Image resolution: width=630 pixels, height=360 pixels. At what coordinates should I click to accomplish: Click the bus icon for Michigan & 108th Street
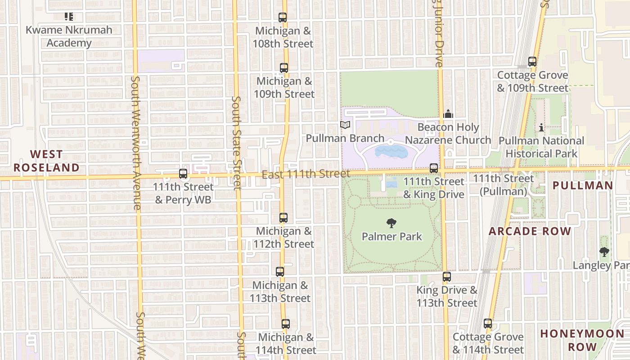coord(283,18)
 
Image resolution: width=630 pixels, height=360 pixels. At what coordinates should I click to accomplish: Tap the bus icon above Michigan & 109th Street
coord(283,68)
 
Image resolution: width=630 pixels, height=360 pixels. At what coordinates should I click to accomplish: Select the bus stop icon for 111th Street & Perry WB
coord(183,174)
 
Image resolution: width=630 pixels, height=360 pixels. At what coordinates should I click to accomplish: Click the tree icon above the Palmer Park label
coord(391,223)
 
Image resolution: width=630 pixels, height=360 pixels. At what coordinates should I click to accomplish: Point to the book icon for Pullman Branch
coord(345,125)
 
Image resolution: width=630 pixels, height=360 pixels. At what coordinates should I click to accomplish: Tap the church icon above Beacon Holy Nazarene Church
coord(448,114)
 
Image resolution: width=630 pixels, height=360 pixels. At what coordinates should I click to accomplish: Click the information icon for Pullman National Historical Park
coord(541,128)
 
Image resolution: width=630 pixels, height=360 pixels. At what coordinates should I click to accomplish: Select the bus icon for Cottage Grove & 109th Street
coord(532,62)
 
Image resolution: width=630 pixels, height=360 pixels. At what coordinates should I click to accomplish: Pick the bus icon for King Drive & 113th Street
coord(446,277)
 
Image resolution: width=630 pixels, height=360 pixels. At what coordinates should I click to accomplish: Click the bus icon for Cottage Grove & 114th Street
coord(488,324)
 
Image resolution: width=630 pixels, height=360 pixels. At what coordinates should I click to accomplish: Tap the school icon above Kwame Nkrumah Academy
coord(69,17)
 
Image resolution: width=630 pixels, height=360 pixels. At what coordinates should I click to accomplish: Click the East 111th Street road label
coord(306,174)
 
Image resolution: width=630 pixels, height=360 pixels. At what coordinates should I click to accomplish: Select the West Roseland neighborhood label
coord(46,161)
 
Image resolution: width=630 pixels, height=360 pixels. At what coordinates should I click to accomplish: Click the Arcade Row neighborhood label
coord(530,231)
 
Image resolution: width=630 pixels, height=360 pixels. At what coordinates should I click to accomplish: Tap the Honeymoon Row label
coord(582,340)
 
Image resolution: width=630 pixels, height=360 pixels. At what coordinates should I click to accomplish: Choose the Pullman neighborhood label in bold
coord(582,185)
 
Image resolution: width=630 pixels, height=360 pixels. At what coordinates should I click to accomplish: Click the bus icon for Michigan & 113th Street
coord(280,272)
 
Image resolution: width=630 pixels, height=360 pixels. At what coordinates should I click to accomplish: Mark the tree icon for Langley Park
coord(604,252)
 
